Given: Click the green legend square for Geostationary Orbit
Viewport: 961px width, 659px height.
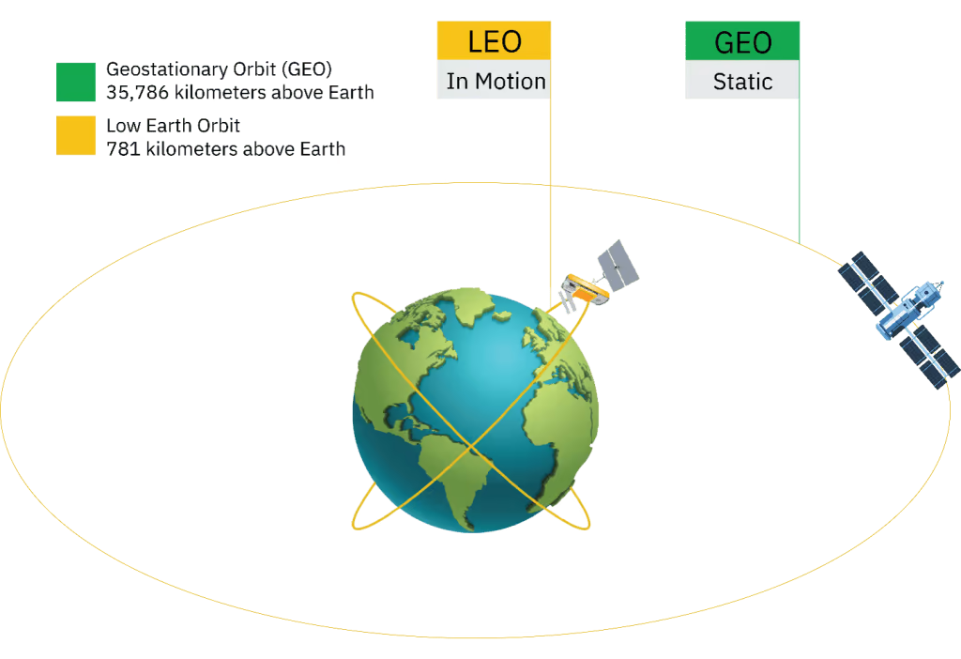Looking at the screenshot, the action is [x=76, y=82].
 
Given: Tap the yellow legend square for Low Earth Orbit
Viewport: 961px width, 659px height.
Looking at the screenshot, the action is [x=76, y=135].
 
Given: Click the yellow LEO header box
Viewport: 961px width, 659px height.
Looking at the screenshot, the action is [x=494, y=40].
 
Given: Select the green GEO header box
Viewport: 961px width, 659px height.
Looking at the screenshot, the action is [x=742, y=40].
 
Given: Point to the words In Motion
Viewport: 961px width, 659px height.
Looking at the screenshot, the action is [x=496, y=81].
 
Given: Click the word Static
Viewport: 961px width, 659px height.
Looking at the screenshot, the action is [x=742, y=82].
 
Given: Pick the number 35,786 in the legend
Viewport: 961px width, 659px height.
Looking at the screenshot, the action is [x=137, y=93].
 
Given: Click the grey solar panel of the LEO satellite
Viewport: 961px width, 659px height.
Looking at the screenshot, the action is [x=618, y=266].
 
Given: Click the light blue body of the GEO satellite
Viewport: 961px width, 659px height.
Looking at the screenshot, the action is [x=904, y=308].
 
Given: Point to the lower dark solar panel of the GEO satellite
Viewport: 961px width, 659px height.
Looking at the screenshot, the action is [x=929, y=357].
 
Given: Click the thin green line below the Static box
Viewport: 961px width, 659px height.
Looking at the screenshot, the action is [x=800, y=171].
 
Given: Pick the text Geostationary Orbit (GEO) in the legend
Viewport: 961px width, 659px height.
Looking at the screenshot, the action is [x=219, y=69].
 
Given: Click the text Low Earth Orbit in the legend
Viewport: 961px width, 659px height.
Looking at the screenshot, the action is [x=173, y=126].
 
